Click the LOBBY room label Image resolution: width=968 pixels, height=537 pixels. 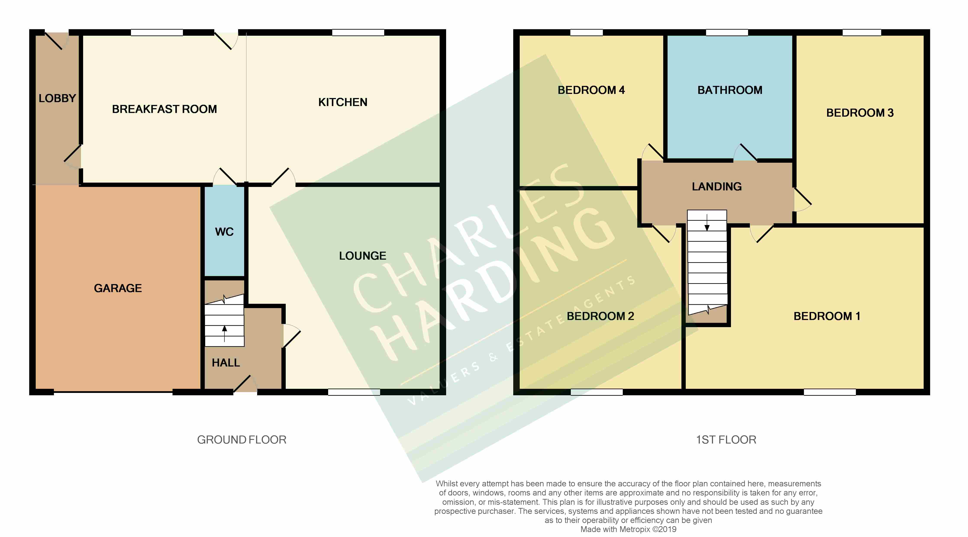click(57, 98)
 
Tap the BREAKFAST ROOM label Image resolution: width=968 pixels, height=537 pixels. click(164, 109)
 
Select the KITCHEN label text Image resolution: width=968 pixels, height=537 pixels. click(342, 102)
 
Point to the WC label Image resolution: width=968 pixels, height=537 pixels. click(224, 232)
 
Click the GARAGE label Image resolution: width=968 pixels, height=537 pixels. click(118, 288)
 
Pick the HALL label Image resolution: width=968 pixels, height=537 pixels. click(226, 363)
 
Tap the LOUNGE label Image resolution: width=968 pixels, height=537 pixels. click(362, 256)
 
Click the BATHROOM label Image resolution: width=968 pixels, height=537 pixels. click(729, 90)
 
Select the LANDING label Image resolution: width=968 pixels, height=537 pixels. click(717, 187)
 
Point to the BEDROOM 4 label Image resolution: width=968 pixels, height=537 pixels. click(591, 90)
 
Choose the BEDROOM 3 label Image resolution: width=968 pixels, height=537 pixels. click(859, 113)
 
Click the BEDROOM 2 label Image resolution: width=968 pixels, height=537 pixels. click(600, 316)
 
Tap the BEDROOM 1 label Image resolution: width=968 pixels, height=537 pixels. click(827, 316)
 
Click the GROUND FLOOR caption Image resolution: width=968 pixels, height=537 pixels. click(242, 440)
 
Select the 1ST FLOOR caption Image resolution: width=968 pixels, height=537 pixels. click(726, 440)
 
